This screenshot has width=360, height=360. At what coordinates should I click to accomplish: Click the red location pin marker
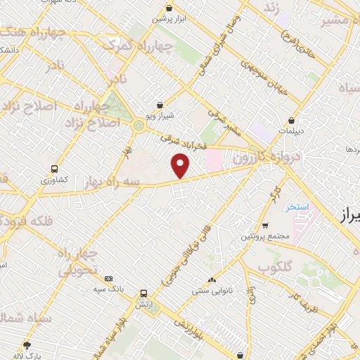point(181,166)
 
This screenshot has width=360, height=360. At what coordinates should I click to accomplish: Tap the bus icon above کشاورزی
point(55,169)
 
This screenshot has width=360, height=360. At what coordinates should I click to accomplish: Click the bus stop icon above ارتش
point(143,294)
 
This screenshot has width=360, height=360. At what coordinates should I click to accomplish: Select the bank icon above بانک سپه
point(108,278)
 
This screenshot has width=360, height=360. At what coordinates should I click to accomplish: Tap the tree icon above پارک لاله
point(27,345)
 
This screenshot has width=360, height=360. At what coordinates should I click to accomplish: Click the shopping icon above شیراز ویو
point(160,104)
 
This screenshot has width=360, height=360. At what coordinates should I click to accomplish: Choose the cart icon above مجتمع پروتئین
point(264,226)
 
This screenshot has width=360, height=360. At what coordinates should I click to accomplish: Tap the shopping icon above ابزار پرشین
point(169,8)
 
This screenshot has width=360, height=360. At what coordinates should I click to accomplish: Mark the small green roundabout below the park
point(138,125)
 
